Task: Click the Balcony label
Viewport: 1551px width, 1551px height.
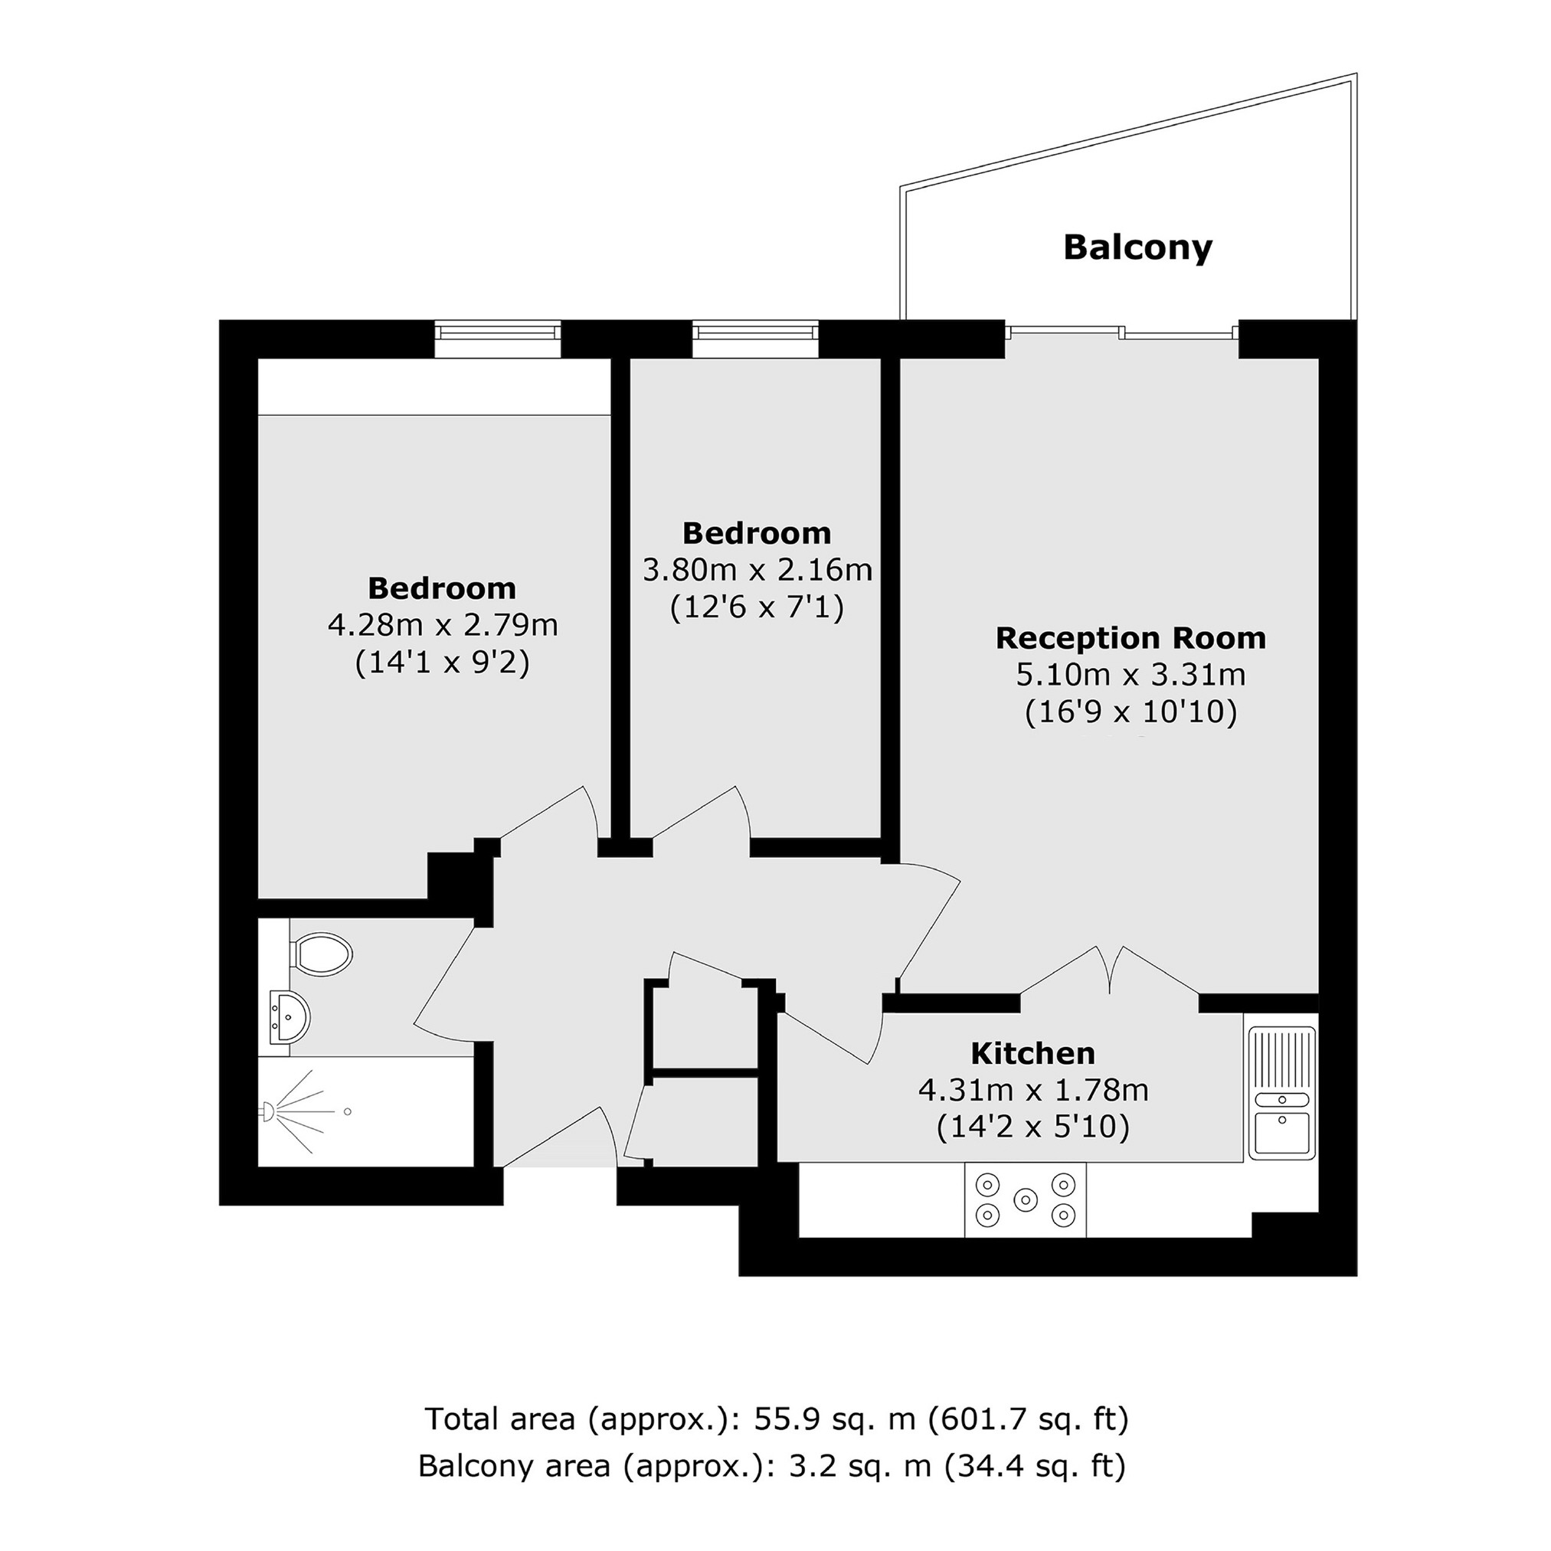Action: pos(1137,247)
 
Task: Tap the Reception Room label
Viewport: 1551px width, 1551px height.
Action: pos(1131,638)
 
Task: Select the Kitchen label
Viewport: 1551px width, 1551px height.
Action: pos(1032,1053)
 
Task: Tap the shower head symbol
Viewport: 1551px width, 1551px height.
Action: pos(267,1111)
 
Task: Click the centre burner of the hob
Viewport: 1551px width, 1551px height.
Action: pos(1025,1199)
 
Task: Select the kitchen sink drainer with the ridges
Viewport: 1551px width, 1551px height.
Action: pos(1282,1057)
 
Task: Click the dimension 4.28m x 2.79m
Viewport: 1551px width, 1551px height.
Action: pos(443,624)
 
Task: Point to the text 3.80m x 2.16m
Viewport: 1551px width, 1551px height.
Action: pos(757,570)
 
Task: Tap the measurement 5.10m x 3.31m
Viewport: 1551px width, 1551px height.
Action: pos(1131,675)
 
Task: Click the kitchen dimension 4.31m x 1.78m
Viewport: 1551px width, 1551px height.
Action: pos(1033,1090)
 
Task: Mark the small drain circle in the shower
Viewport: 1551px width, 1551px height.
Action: pos(348,1111)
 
